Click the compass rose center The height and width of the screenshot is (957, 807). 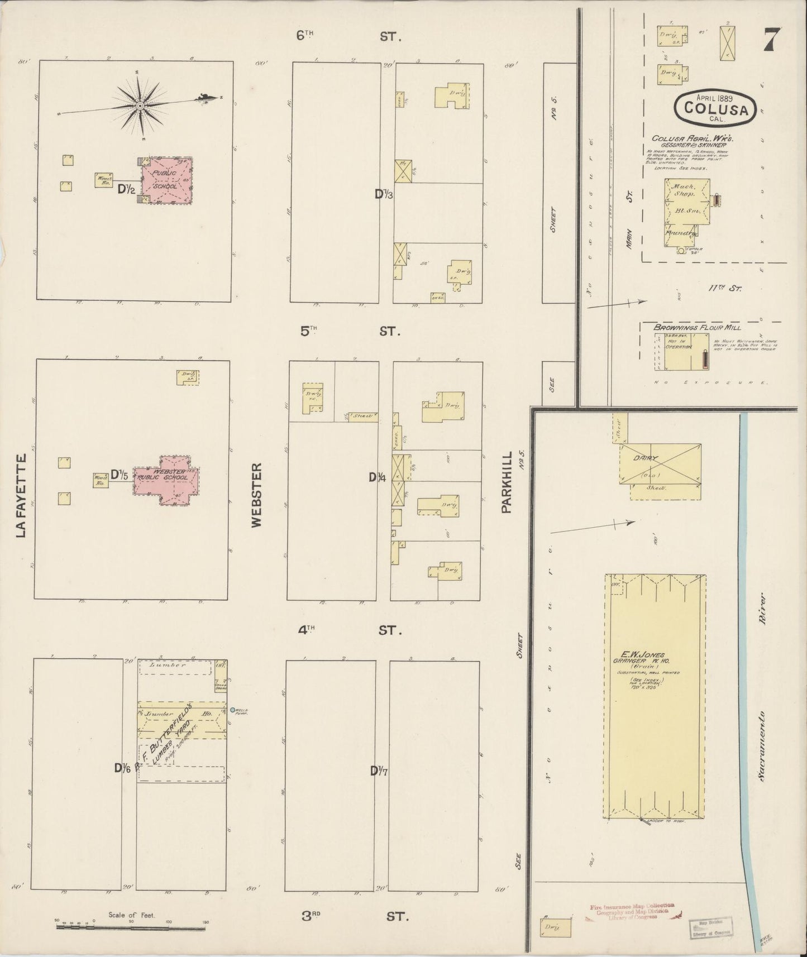coord(140,105)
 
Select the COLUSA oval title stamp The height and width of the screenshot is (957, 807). coord(716,106)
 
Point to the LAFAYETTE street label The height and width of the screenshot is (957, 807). coord(22,496)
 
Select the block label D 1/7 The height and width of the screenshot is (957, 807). coord(379,771)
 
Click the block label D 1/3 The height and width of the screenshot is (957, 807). coord(384,194)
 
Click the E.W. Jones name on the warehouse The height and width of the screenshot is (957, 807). coord(648,655)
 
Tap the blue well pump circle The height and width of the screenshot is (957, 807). coord(232,710)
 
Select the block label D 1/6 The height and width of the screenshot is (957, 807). coord(123,768)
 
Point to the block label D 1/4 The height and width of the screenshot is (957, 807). coord(378,477)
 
